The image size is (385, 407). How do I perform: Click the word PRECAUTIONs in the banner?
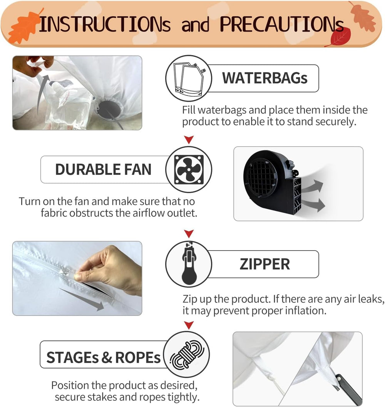pos(282,24)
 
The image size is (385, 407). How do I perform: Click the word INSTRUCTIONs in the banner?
pos(105,24)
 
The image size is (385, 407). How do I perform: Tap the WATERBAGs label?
pos(264,78)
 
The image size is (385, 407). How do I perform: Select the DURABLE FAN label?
pos(103,169)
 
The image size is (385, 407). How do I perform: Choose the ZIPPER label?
pos(264,264)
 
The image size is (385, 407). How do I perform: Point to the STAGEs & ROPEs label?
pos(103,357)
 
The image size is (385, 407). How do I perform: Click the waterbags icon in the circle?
pos(189,78)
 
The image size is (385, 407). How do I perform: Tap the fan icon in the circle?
pos(189,169)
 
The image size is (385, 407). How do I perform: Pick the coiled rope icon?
pos(187,355)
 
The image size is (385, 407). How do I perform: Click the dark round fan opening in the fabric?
pos(110,109)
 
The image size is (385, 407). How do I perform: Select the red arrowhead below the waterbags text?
pos(189,139)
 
